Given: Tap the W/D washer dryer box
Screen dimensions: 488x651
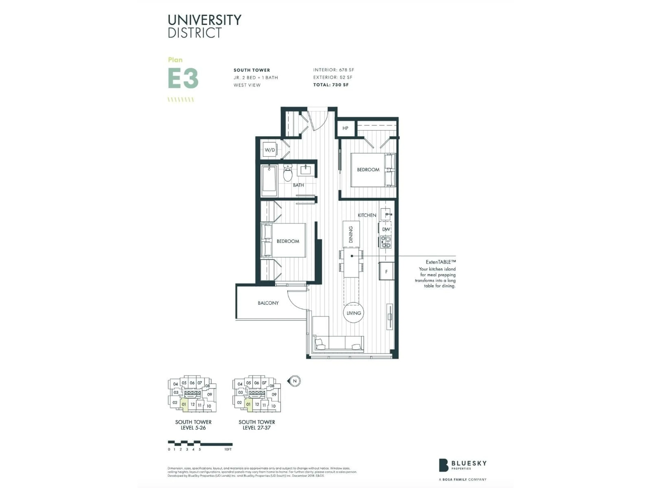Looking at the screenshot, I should coord(270,150).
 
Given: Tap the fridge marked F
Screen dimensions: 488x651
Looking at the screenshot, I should coord(386,271).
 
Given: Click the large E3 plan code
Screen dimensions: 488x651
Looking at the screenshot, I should coord(183,78).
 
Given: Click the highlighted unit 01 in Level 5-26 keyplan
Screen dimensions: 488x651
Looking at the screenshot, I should coord(184,404).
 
